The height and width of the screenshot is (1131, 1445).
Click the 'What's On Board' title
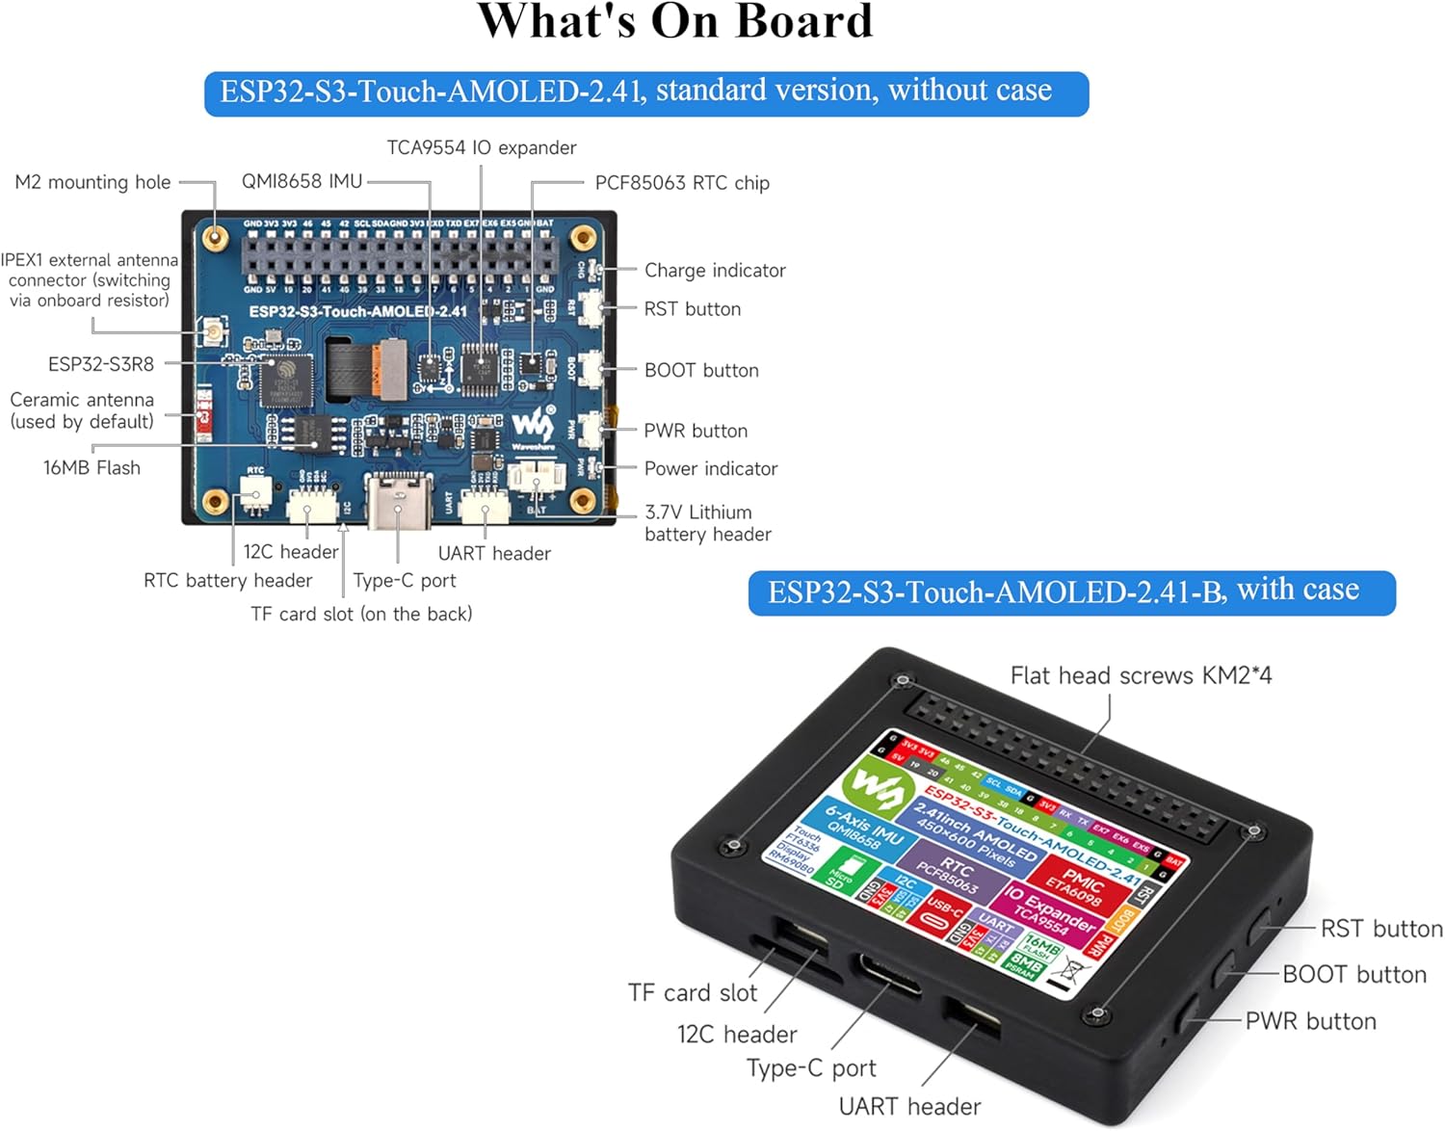[x=674, y=21]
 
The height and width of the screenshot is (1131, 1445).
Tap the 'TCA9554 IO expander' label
[x=481, y=147]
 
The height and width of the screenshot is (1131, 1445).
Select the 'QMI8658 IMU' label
[x=302, y=181]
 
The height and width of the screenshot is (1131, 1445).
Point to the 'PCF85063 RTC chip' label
[x=681, y=183]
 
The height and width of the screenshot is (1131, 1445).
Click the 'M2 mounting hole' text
[x=92, y=182]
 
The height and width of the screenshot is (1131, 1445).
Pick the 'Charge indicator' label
[x=714, y=271]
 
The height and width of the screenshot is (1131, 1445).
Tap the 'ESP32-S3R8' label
[x=100, y=364]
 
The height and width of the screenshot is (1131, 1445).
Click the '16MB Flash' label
[x=92, y=468]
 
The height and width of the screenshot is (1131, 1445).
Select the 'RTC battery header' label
[x=227, y=581]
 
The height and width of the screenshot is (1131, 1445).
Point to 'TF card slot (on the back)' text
[x=361, y=615]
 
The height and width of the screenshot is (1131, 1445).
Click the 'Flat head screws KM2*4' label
[x=1141, y=675]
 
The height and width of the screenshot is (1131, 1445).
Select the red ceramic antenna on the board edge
[x=203, y=414]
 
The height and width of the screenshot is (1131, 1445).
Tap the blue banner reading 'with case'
[x=1071, y=592]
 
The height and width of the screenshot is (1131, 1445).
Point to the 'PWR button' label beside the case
[x=1310, y=1021]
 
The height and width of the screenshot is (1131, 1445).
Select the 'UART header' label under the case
[x=909, y=1107]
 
